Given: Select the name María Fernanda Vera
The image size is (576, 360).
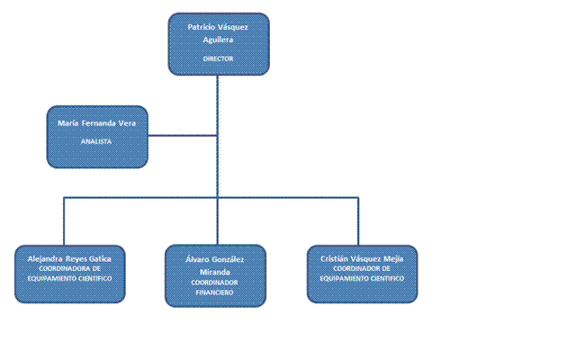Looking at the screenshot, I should pos(96,123).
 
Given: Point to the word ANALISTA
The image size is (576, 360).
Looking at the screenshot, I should pos(96,141).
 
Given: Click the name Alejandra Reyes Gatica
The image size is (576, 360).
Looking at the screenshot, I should pos(69,258).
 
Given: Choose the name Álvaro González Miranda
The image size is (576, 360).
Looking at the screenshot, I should pos(215,265).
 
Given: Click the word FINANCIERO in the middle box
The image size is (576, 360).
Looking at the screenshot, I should pos(215,292).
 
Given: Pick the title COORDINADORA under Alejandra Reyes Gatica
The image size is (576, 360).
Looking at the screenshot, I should pos(68,268).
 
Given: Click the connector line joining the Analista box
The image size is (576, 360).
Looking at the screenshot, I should pos(182,136).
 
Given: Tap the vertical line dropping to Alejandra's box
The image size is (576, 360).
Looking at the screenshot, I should pos(64,220).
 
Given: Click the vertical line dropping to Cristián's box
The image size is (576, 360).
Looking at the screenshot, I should pos(358,220).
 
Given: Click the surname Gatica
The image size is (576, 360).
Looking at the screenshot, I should pos(109,258).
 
